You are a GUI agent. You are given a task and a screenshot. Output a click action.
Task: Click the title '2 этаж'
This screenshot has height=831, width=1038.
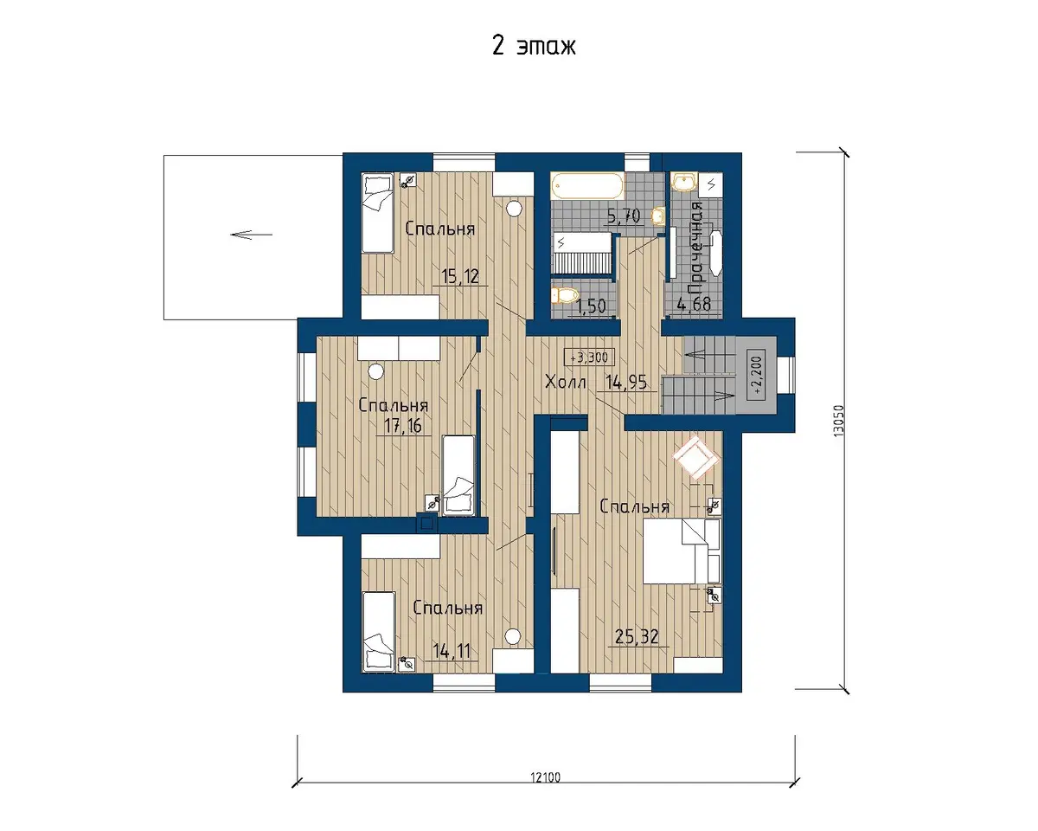(x=534, y=47)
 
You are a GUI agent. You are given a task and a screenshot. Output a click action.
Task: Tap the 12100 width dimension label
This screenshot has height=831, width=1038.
(x=546, y=777)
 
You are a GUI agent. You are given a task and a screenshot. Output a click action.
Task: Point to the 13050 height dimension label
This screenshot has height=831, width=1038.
(x=839, y=421)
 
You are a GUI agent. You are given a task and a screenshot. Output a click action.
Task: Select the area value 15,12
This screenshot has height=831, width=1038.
(x=460, y=277)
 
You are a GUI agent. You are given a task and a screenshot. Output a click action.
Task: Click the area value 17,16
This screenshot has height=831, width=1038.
(x=403, y=426)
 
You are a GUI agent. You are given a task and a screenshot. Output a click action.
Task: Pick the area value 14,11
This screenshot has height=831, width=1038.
(x=451, y=651)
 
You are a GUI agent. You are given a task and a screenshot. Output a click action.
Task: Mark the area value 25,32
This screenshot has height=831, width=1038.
(x=637, y=637)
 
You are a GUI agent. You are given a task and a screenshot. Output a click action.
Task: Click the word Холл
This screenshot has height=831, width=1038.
(x=566, y=383)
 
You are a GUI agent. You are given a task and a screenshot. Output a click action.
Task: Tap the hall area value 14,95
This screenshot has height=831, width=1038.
(x=626, y=383)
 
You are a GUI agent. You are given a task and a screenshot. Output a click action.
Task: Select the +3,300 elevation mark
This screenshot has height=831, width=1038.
(x=589, y=358)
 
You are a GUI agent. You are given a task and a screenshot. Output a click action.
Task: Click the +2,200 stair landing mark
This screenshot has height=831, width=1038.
(x=756, y=375)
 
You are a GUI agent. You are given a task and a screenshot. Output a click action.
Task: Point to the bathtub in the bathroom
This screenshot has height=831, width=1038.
(x=587, y=186)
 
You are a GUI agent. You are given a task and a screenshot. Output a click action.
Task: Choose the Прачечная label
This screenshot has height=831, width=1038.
(x=696, y=248)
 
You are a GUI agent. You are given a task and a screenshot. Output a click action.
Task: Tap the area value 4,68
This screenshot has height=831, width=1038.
(x=694, y=304)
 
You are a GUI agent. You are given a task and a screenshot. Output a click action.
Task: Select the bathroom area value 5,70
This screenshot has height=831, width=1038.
(x=624, y=216)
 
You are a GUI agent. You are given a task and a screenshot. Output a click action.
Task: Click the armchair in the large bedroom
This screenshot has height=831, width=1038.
(x=695, y=457)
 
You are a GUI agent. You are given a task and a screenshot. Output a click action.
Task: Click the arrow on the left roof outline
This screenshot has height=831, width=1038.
(x=252, y=235)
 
